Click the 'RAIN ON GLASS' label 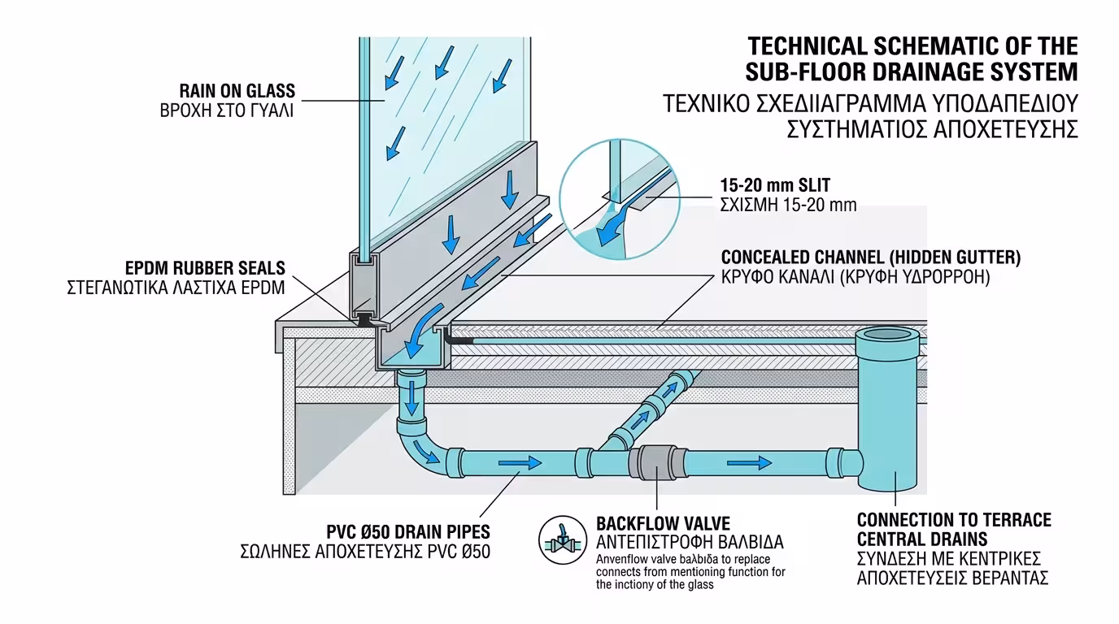pos(237,91)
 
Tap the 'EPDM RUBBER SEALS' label pos(205,267)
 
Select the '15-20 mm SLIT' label pos(775,185)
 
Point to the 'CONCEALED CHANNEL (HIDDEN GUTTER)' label pos(870,258)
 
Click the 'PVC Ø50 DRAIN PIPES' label pos(408,532)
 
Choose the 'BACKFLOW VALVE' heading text pos(663,522)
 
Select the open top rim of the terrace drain pos(892,334)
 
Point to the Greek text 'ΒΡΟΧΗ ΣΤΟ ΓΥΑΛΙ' pos(227,110)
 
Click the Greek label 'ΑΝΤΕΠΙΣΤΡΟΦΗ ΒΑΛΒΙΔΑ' pos(690,542)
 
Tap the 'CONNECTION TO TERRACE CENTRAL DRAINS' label pos(954,529)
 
